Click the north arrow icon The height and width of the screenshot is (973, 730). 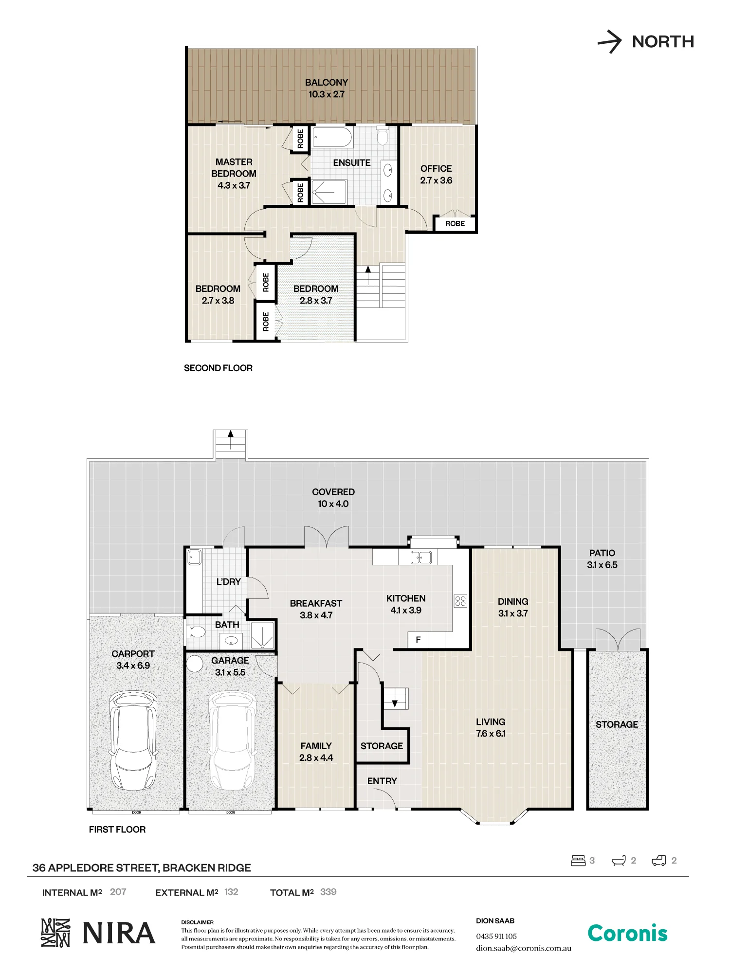tap(610, 41)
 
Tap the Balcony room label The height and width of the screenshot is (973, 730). tap(327, 83)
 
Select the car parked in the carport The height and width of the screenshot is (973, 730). tap(133, 740)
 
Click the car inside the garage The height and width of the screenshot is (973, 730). tap(232, 740)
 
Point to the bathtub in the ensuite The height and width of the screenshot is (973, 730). tap(332, 137)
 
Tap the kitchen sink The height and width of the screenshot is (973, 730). tap(421, 557)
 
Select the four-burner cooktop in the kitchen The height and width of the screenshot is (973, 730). tap(460, 601)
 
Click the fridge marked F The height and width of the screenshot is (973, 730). tap(418, 640)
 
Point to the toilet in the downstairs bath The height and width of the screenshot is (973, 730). tap(196, 632)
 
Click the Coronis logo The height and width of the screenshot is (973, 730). tap(627, 934)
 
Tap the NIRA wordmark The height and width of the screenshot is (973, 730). tap(119, 933)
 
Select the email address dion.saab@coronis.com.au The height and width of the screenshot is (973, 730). tap(524, 948)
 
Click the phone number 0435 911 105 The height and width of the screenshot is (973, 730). tap(496, 936)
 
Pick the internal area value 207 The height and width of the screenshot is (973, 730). tap(118, 892)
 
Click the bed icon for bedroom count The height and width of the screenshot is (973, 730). tap(578, 861)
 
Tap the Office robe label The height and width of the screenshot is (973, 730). tap(455, 224)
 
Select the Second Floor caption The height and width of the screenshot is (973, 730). tap(218, 368)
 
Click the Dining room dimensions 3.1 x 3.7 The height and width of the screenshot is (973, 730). tap(513, 613)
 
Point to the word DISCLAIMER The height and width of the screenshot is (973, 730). tap(198, 922)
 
